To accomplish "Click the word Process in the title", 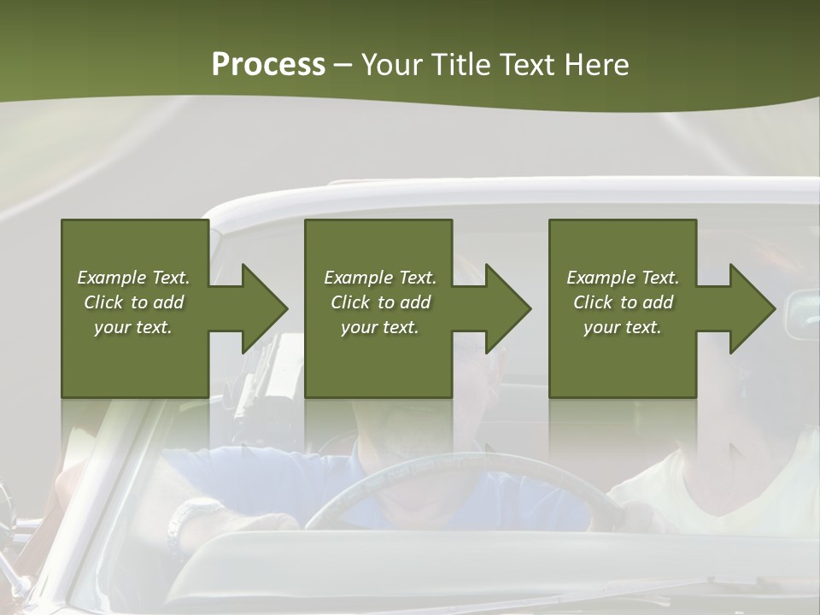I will point(268,65).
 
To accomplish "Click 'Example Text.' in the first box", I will point(133,278).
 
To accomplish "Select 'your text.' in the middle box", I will point(379,327).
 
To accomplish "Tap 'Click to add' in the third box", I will point(623,302).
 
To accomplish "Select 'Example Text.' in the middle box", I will point(379,278).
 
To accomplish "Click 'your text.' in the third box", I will point(623,327).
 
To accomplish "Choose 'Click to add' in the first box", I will point(133,302).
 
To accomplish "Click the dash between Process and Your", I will point(343,66).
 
